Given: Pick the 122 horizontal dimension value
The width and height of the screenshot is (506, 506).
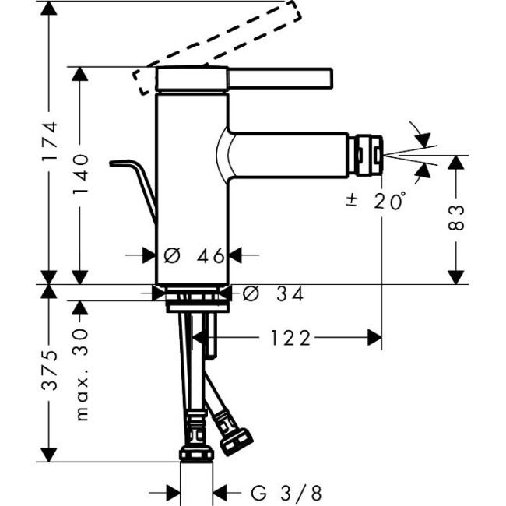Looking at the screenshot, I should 290,337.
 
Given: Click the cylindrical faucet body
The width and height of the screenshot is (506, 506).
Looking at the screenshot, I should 192,187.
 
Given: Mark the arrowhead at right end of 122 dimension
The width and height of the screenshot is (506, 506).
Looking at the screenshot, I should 376,337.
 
